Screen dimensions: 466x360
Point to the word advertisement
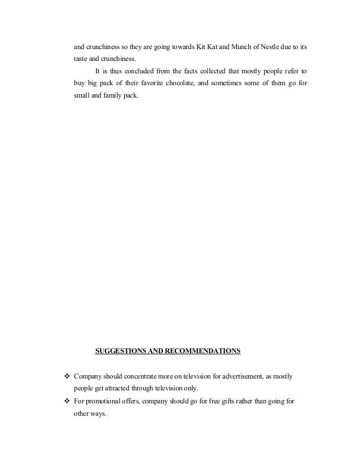[x=245, y=376]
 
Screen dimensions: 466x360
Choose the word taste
[x=81, y=58]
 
